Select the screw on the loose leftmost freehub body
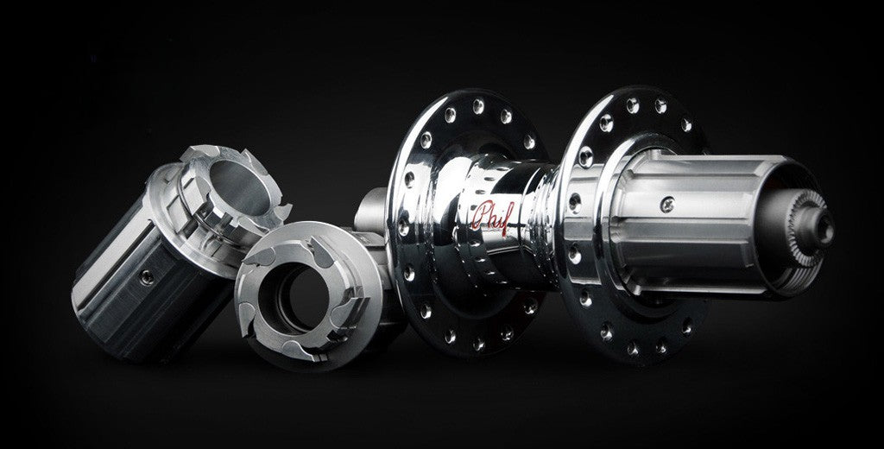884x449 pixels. [147, 277]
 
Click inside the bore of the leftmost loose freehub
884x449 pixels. [240, 187]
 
